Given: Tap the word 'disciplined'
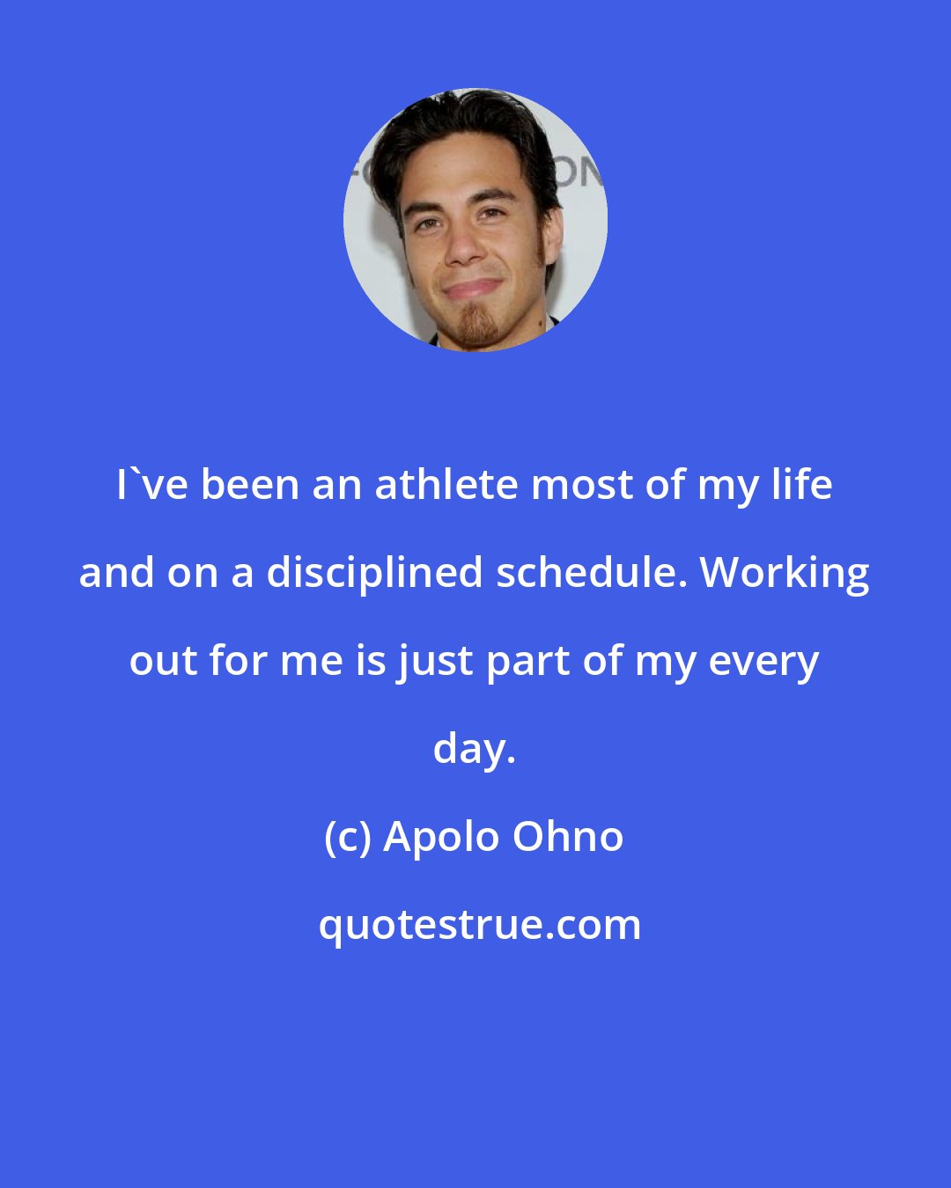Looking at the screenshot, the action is [x=374, y=573].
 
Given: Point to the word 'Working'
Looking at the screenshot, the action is [x=785, y=573].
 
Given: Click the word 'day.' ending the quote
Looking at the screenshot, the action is [x=475, y=751].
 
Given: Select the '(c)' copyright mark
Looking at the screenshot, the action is [x=348, y=839].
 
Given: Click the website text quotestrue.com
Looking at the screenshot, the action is [x=480, y=926].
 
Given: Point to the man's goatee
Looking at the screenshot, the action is [x=475, y=325].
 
